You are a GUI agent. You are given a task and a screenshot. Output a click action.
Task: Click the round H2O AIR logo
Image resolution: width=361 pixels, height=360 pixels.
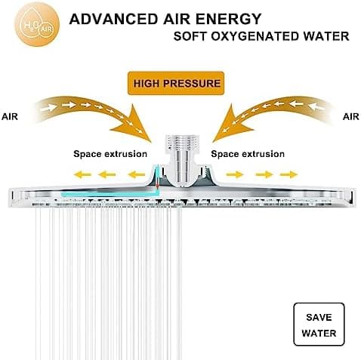coord(37,24)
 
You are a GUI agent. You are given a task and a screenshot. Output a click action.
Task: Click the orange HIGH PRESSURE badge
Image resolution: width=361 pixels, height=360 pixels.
coord(176,83)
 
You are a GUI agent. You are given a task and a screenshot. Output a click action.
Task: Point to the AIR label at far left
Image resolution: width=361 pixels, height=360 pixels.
coord(10,117)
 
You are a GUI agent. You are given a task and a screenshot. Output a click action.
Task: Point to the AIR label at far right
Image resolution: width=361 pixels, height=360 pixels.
coord(351,117)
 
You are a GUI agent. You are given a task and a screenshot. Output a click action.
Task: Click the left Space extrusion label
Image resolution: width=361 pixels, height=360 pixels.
coord(110,154)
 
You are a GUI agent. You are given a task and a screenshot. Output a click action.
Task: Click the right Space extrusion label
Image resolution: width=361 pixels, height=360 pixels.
coord(248,154)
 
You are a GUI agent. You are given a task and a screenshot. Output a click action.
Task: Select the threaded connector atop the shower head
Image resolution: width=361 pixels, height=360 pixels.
coord(182,143)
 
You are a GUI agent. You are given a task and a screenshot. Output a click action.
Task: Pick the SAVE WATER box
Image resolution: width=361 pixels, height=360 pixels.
coord(319,325)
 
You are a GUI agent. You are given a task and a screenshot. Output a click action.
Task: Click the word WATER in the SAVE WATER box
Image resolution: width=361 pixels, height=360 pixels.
coord(319,334)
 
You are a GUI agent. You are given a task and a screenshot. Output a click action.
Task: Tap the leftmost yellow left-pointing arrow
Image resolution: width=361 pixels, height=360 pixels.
coord(82,174)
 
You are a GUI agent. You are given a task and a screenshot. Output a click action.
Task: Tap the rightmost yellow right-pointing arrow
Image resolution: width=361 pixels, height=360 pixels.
coord(288,174)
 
